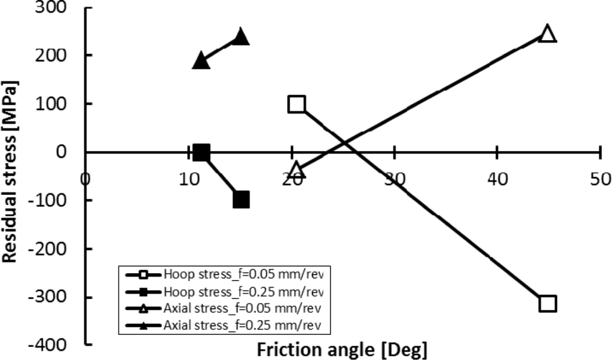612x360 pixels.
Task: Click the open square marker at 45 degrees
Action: tap(547, 303)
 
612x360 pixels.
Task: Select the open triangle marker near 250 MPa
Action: tap(547, 33)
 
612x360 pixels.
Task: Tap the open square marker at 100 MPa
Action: tap(296, 105)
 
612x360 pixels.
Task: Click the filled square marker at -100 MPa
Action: tap(241, 200)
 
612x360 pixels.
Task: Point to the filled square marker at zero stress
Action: tap(202, 153)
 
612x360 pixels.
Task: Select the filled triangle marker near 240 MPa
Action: tap(240, 36)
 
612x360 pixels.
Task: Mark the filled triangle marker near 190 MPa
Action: tap(201, 60)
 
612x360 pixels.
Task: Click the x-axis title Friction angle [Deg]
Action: tap(342, 349)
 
